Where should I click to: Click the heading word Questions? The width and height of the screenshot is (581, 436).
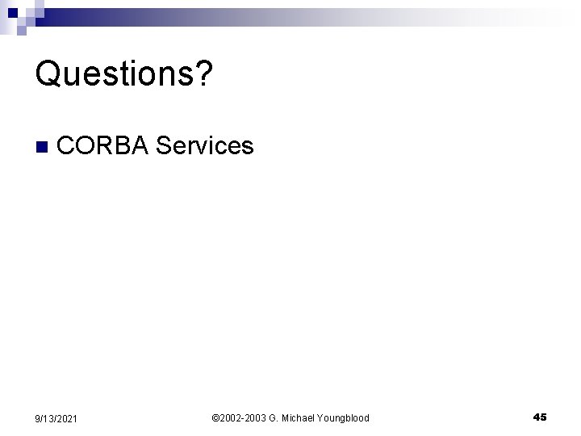124,74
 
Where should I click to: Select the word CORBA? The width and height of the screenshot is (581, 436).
103,146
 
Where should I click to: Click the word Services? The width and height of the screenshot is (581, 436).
205,146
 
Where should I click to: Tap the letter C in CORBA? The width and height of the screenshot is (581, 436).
68,146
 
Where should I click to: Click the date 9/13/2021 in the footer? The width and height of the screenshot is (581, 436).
57,418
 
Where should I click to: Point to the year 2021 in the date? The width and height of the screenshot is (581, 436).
67,418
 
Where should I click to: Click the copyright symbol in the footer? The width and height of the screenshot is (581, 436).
215,417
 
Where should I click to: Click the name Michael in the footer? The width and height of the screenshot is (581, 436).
299,417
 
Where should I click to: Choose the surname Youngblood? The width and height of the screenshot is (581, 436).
344,417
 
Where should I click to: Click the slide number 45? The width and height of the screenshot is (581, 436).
540,417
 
